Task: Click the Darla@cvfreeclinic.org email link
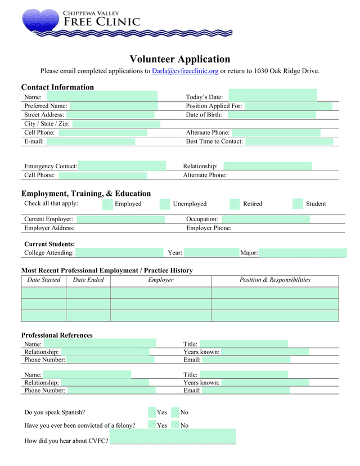coord(185,71)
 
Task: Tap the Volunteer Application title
coord(180,59)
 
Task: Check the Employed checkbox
coord(107,204)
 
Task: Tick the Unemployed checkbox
coord(165,204)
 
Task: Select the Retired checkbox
coord(235,204)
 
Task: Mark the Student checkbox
coord(298,204)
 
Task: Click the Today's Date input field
coord(272,96)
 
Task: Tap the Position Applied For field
coord(289,106)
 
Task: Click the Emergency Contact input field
coord(122,166)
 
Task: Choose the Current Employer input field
coord(120,219)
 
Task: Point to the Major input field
coord(303,253)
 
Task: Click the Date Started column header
coord(43,280)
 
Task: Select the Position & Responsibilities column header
coord(274,280)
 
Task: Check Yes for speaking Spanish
coord(152,413)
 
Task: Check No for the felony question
coord(175,425)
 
